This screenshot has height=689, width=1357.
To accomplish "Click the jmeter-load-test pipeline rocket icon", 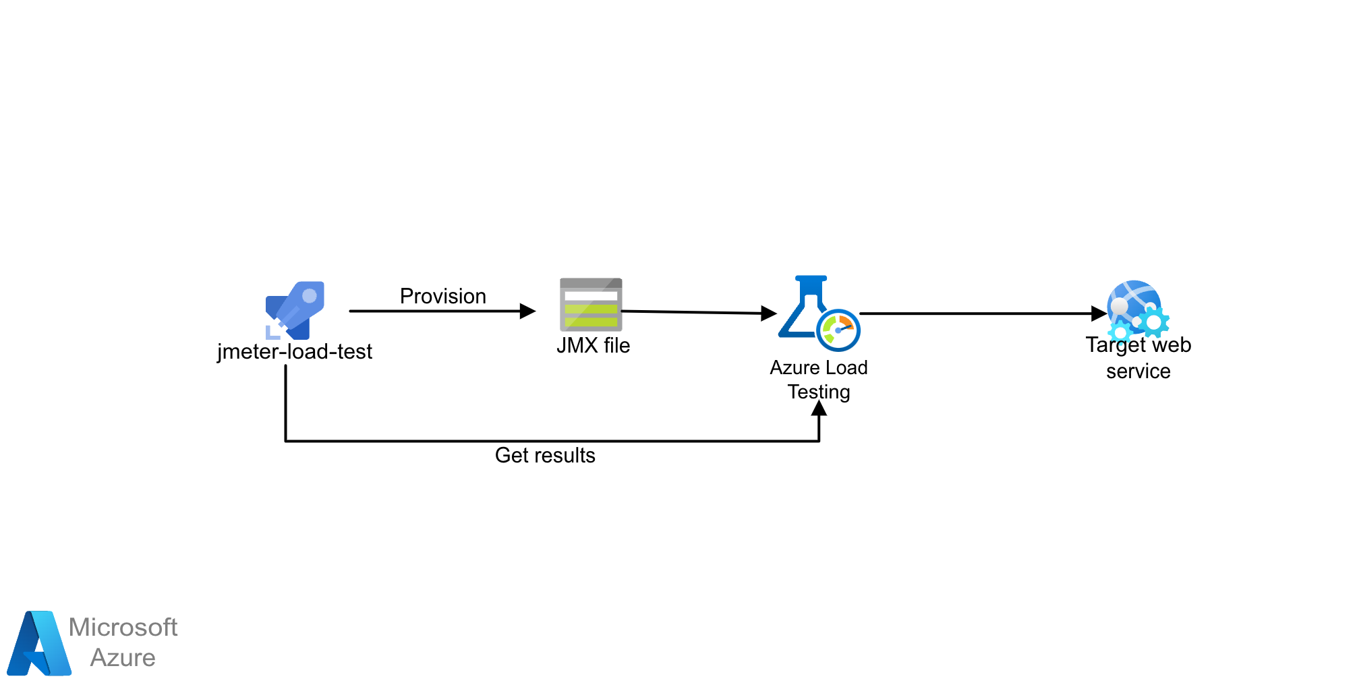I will click(295, 310).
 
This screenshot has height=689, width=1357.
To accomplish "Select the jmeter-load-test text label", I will click(295, 351).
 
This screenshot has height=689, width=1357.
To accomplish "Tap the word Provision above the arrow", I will click(442, 296).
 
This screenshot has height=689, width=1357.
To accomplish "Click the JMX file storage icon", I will click(591, 304).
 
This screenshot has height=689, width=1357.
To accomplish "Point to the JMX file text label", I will click(593, 345).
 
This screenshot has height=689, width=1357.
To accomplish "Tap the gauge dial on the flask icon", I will click(838, 330).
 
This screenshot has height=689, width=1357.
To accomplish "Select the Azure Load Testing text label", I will click(819, 380).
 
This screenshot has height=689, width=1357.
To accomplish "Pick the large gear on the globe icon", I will click(1154, 322).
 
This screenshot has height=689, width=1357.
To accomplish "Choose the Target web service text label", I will click(1138, 358).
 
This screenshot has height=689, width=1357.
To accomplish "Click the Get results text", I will click(545, 455).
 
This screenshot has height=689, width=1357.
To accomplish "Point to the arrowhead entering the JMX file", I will click(527, 311).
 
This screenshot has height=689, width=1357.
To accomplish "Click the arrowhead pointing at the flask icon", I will click(769, 313).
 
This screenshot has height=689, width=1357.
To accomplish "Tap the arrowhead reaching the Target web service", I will click(1099, 313).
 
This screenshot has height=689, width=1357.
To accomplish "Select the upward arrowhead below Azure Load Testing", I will click(819, 409).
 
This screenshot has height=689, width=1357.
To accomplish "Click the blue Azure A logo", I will click(38, 644).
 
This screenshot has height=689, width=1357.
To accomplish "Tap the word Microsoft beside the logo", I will click(123, 627).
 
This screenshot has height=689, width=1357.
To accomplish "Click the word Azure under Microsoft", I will click(123, 657).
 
